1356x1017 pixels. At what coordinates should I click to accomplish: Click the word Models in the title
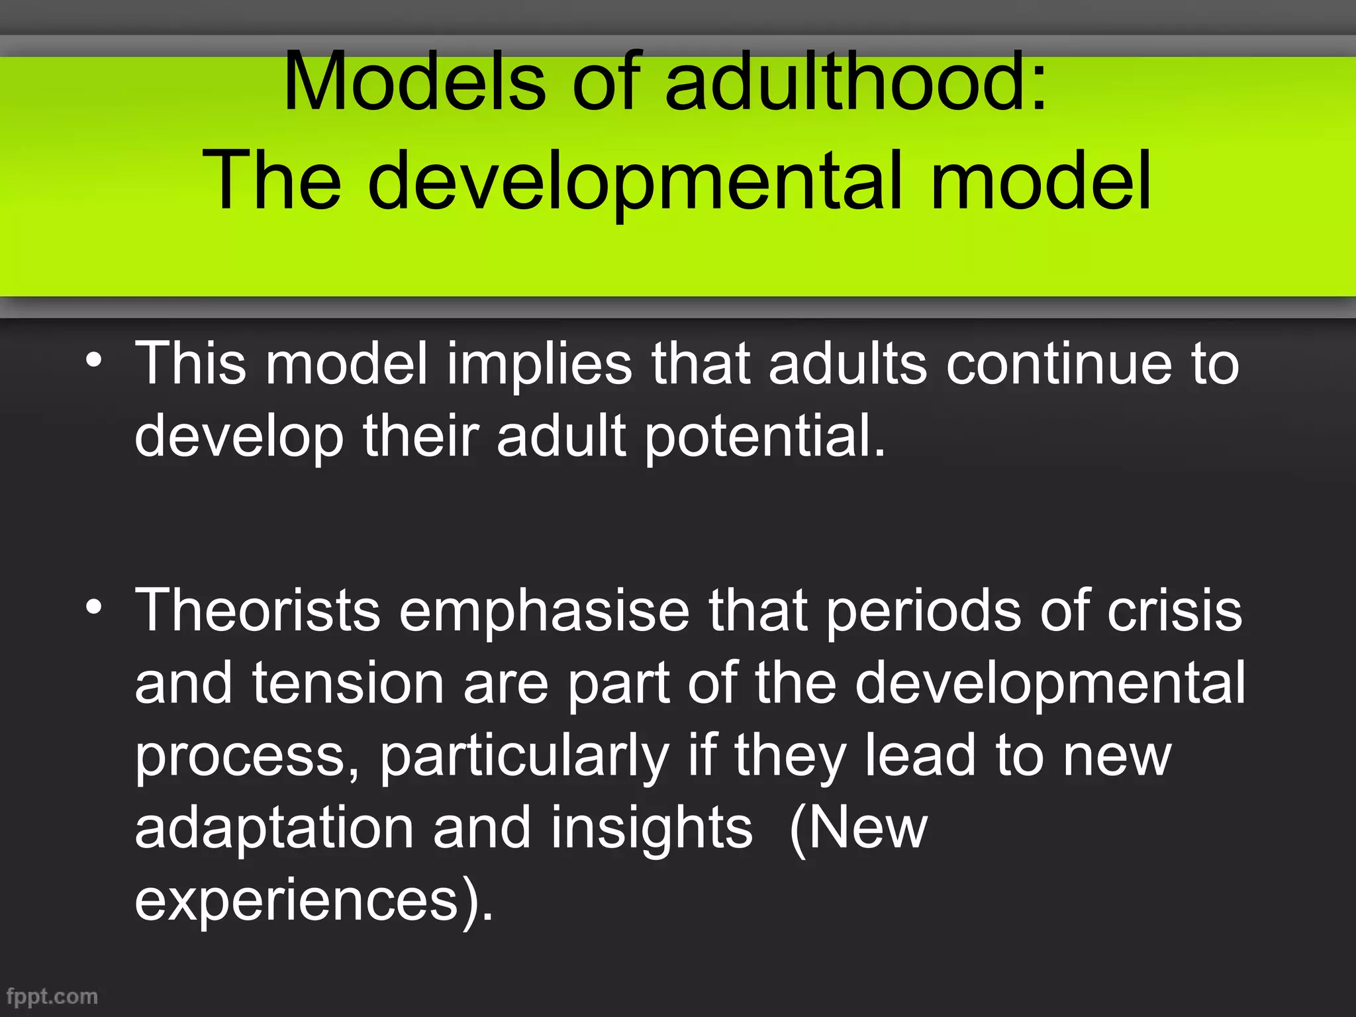(414, 82)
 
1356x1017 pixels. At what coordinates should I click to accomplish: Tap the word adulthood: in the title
(856, 82)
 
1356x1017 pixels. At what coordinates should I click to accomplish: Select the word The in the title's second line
(272, 179)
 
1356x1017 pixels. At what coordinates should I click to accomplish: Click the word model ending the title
(1041, 179)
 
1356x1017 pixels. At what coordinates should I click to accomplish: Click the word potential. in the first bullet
(765, 436)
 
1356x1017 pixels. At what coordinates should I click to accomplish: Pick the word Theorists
(258, 610)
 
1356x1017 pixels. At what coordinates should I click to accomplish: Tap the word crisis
(1175, 610)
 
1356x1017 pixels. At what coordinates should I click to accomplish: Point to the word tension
(348, 683)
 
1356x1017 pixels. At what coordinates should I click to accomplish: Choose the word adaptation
(274, 828)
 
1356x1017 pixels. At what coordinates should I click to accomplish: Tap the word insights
(652, 828)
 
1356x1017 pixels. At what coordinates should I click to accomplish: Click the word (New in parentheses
(859, 828)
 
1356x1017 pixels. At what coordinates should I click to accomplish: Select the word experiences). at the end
(314, 900)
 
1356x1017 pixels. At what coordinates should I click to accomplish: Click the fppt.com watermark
(52, 996)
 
